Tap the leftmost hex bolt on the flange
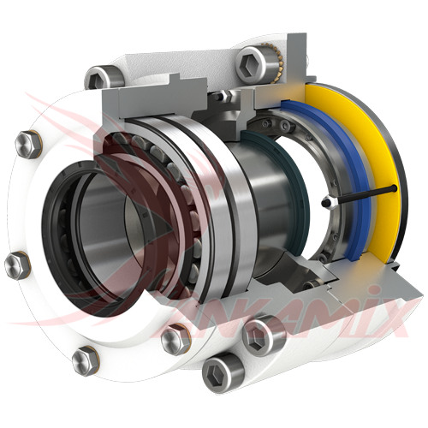pos(16,263)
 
